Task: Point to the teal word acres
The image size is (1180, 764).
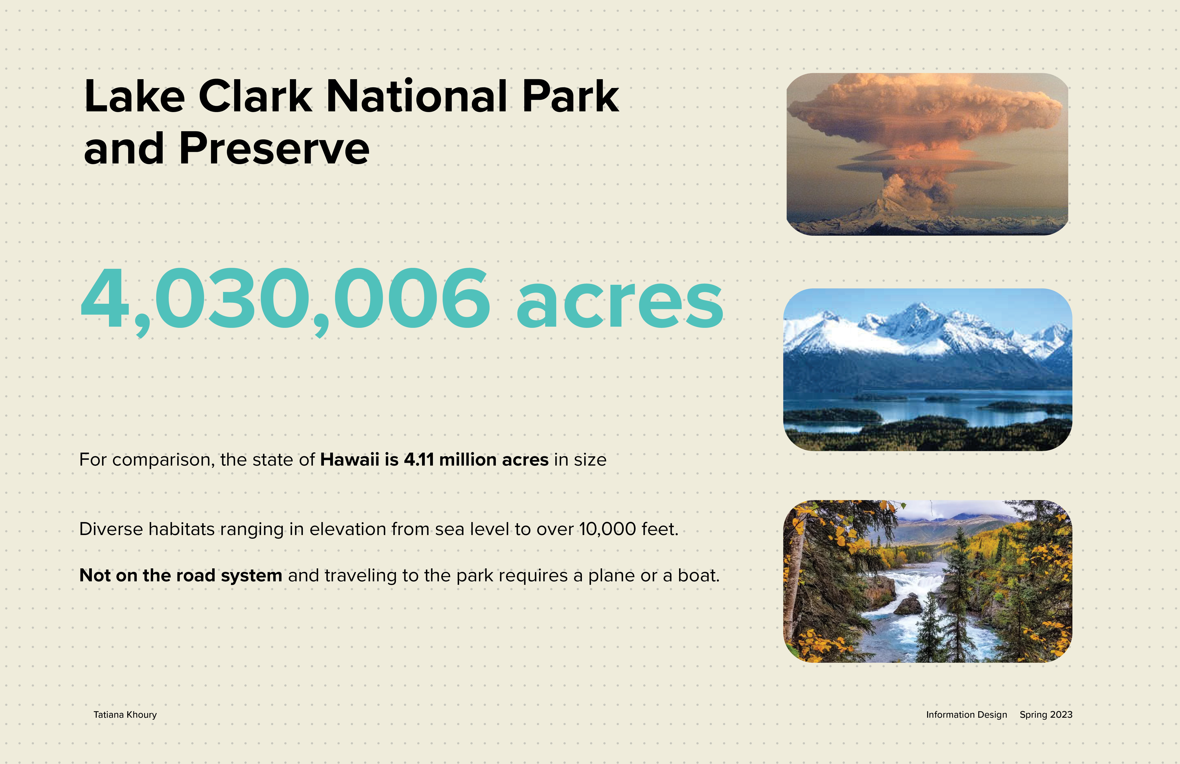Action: pyautogui.click(x=620, y=304)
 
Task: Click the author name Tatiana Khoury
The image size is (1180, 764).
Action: pyautogui.click(x=125, y=715)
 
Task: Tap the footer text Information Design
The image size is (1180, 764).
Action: pyautogui.click(x=966, y=715)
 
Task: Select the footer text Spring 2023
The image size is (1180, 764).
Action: pyautogui.click(x=1046, y=715)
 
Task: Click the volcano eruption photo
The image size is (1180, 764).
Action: pyautogui.click(x=927, y=154)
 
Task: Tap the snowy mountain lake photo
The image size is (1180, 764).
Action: pyautogui.click(x=927, y=369)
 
